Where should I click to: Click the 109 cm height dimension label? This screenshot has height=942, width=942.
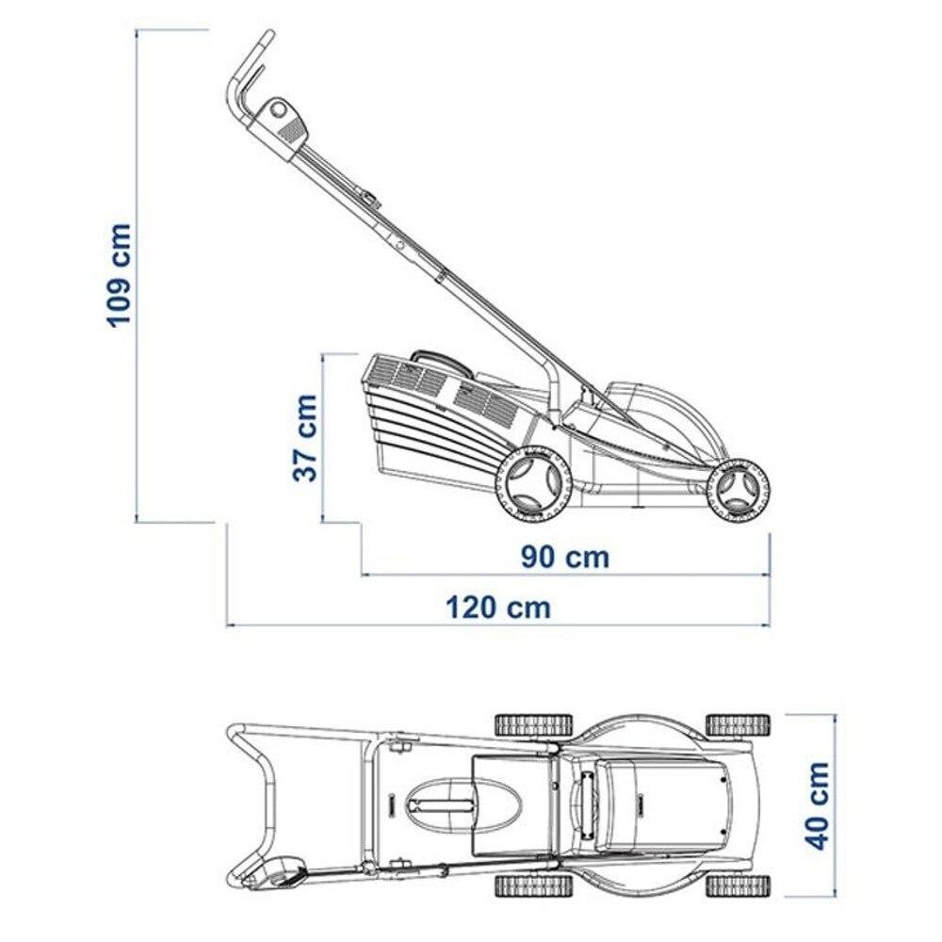pos(119,275)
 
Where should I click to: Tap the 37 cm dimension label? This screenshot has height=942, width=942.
pos(305,438)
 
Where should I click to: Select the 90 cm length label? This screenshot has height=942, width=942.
pos(564,558)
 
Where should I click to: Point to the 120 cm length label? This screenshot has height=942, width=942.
pos(498,608)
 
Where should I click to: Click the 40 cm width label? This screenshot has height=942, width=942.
pos(817,805)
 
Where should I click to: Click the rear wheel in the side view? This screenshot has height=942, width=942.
pos(532,484)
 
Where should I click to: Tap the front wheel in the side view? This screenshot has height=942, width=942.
pos(739,488)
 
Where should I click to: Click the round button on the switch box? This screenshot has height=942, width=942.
pos(278,110)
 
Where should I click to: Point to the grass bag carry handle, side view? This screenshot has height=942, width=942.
pos(439,361)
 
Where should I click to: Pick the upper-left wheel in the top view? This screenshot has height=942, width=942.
pos(533,725)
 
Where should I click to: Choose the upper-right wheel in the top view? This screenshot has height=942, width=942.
pos(738,725)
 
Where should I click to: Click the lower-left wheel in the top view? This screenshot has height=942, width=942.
pos(533,885)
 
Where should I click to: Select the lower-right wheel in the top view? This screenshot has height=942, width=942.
pos(738,885)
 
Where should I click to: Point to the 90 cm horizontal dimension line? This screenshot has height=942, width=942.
pos(565,575)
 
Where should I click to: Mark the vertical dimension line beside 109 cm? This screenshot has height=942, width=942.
pos(138,276)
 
